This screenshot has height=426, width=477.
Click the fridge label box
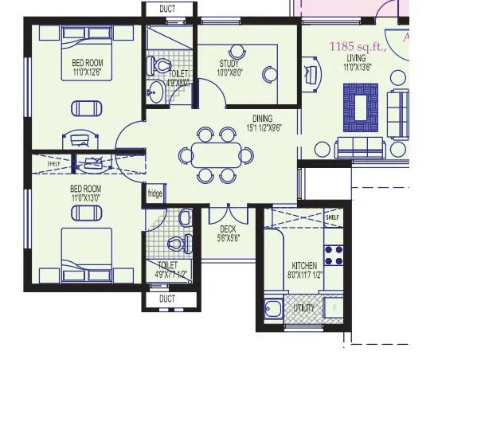tap(154, 193)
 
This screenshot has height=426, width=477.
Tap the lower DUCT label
tap(167, 299)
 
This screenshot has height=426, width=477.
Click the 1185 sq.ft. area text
tap(358, 47)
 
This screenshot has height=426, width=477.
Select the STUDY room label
tap(229, 64)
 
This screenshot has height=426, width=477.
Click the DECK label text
tap(228, 229)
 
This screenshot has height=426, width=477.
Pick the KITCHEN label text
tap(304, 266)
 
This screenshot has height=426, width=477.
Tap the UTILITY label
tap(304, 308)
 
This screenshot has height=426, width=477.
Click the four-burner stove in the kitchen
tap(334, 254)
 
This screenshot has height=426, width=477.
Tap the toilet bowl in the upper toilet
tap(162, 65)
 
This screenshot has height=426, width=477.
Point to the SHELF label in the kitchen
tap(332, 217)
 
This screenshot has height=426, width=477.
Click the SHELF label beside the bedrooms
tap(53, 164)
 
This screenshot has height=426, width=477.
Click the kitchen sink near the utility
tap(276, 308)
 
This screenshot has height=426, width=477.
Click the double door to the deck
tap(228, 213)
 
